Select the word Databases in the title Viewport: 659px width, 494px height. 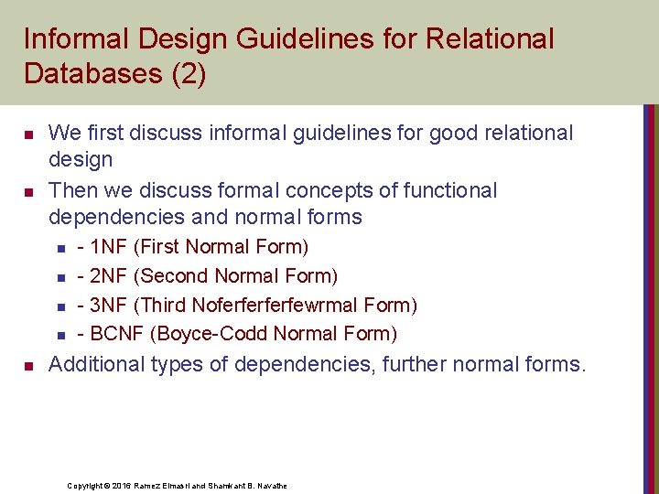pos(92,73)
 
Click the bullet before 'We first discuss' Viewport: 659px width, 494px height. pos(28,134)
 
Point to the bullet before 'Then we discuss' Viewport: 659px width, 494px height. pos(28,192)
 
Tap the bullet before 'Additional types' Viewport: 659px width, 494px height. pos(28,366)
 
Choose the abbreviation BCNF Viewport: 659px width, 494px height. pos(118,334)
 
